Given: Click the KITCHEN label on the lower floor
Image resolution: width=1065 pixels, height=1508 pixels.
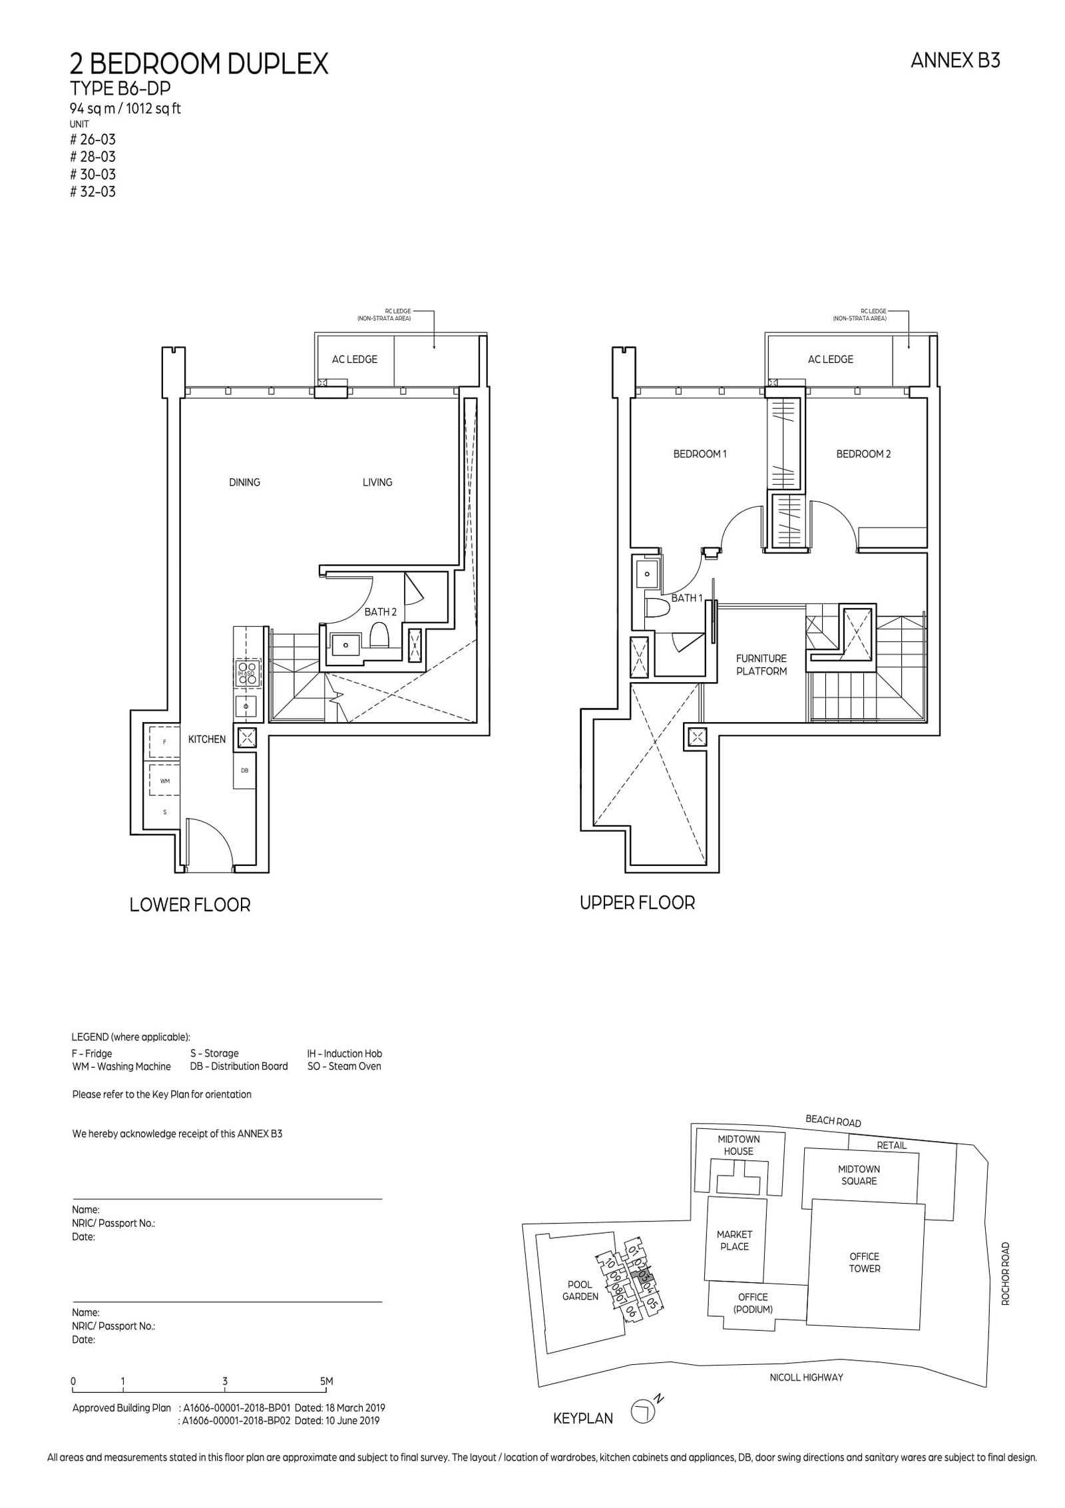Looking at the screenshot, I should coord(206,739).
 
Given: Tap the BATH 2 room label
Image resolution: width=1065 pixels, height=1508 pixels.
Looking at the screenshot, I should coord(380,611).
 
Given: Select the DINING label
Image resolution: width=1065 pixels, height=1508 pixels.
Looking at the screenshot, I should coord(244,482).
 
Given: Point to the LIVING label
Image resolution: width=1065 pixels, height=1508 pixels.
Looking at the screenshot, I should coord(377,482).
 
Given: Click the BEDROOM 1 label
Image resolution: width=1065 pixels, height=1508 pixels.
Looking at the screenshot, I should coord(700,454).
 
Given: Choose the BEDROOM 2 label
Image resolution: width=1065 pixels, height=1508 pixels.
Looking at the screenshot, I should coord(863,454).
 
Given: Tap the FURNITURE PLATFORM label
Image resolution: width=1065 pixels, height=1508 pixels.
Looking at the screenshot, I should coord(761,665).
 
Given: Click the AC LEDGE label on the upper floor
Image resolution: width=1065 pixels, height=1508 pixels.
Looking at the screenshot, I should coord(829,360).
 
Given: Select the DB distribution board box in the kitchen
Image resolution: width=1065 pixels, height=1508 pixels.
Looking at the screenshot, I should coord(244,771).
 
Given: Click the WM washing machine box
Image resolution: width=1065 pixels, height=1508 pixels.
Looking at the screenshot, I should coord(164,781).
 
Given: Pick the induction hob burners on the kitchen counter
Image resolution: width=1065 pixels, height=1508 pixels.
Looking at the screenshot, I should coord(246,673).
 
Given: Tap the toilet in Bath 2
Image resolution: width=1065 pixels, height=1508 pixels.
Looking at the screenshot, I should coord(378,635).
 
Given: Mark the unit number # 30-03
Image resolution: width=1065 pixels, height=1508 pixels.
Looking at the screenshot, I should coord(93,175).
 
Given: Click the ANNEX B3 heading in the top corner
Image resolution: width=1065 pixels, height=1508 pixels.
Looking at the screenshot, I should coord(955,61).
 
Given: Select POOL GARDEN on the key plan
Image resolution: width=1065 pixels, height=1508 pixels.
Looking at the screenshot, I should coord(580,1290).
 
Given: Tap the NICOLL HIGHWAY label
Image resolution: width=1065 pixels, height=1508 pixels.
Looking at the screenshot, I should coord(805,1377).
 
